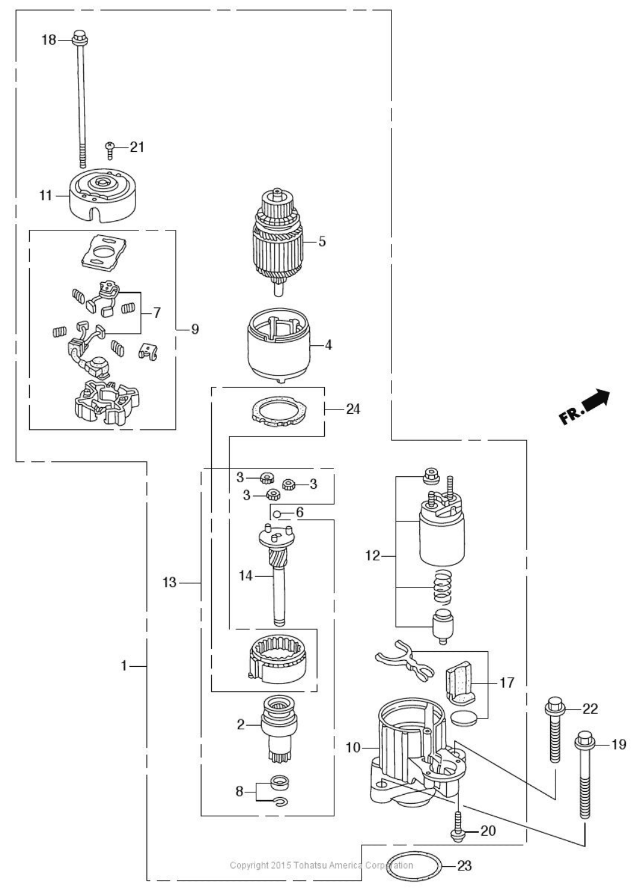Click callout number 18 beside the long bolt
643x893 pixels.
pos(49,40)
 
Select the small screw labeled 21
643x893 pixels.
pos(110,150)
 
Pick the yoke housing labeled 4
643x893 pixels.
pos(278,345)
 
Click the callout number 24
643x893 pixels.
pos(353,409)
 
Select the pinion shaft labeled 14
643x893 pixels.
pos(277,574)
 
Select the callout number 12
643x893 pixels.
pos(373,555)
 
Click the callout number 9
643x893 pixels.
pos(195,329)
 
